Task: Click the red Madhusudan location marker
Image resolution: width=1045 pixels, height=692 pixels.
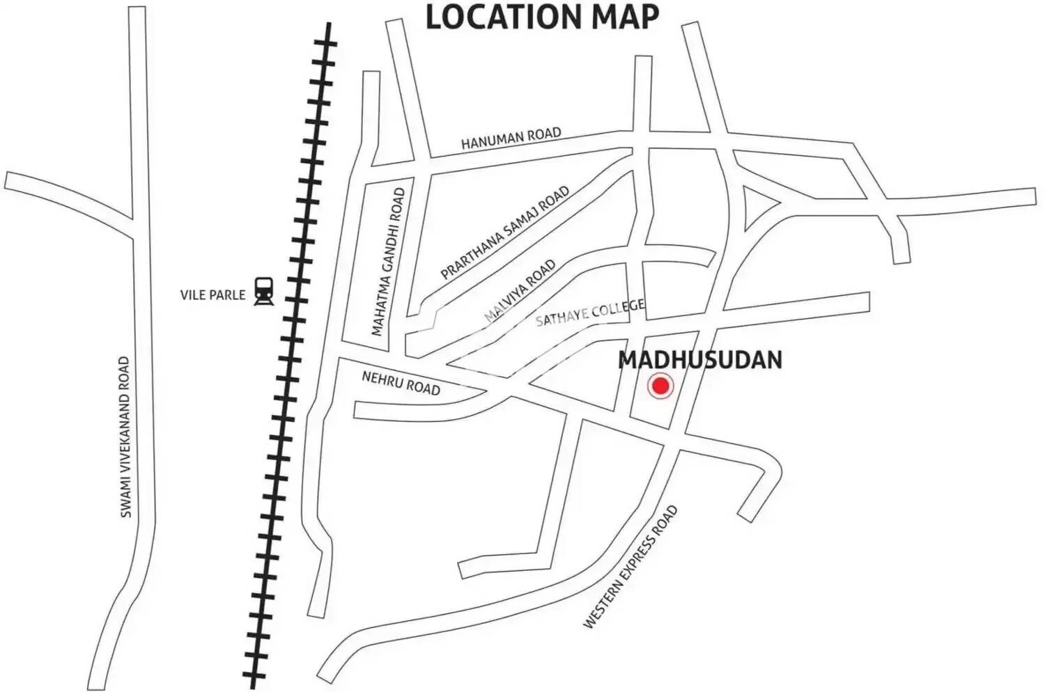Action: pos(660,386)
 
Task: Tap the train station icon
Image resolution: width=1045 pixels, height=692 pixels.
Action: pos(263,291)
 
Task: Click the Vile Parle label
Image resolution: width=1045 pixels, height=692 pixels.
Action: pos(212,294)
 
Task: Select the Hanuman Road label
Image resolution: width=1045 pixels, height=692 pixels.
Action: pos(511,138)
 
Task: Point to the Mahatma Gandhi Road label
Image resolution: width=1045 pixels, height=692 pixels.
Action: pos(388,262)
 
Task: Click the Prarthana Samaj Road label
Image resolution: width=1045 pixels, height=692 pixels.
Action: pos(505,233)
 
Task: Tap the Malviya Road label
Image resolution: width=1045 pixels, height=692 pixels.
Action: pos(520,290)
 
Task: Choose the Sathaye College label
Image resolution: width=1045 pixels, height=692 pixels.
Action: pos(590,313)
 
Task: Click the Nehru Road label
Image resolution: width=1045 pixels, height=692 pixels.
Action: pos(401,382)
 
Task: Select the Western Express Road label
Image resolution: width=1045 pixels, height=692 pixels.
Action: pos(630,567)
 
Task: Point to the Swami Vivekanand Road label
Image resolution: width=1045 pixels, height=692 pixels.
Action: pos(125,437)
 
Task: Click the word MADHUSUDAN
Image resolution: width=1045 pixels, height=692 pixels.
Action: pos(700,360)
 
